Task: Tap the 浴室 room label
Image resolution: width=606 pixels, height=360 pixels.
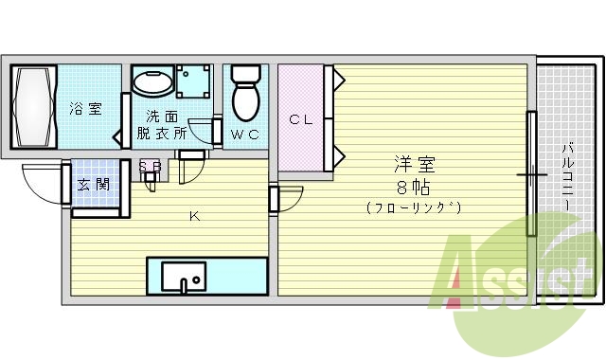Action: (x=85, y=109)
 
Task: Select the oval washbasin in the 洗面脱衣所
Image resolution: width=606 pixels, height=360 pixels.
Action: (x=151, y=83)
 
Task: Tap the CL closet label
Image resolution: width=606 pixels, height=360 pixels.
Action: (x=300, y=119)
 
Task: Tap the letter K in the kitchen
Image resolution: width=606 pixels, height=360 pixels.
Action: (x=193, y=217)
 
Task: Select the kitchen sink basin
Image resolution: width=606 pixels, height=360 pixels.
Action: (x=183, y=277)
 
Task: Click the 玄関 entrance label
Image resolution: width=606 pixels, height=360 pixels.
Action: (x=94, y=184)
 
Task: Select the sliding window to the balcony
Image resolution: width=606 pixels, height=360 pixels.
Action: (x=532, y=174)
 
